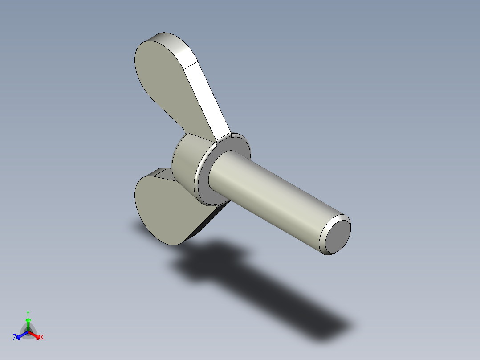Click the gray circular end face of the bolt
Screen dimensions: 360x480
point(338,235)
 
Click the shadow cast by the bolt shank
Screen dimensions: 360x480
point(289,303)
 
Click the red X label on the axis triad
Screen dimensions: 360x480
point(42,338)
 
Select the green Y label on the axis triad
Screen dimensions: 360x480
point(28,313)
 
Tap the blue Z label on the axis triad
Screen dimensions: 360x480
point(15,338)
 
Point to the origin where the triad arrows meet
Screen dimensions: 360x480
point(28,331)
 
